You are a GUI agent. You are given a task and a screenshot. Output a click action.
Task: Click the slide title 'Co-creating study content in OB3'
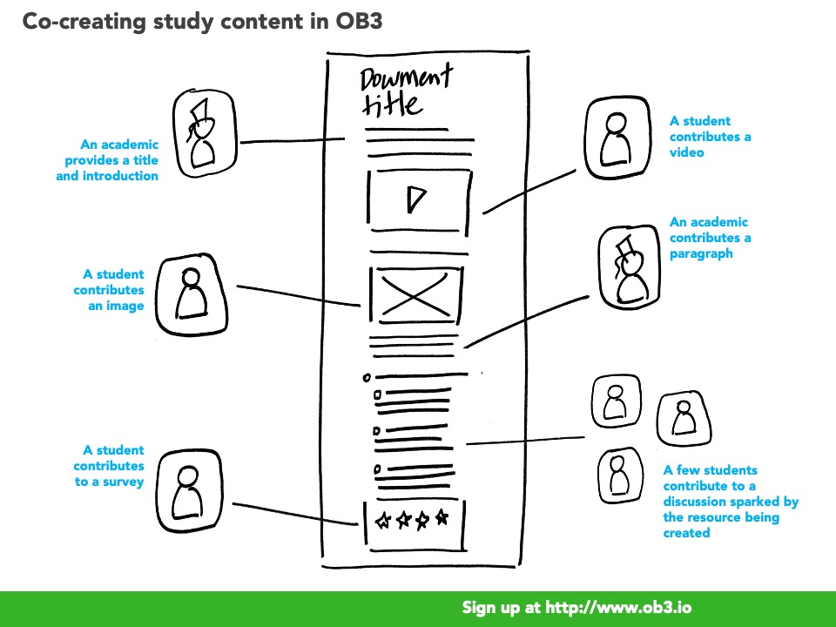click(201, 23)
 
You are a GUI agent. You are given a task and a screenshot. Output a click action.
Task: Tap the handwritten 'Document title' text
click(405, 91)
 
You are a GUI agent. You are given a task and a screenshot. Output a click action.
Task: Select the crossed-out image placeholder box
click(415, 293)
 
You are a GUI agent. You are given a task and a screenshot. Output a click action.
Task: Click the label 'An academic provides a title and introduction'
click(107, 160)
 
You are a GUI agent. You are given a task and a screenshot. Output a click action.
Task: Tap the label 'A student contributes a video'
click(711, 137)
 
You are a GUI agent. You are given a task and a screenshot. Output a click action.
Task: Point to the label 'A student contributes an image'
click(109, 290)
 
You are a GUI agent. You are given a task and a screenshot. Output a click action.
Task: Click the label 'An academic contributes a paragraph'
click(710, 238)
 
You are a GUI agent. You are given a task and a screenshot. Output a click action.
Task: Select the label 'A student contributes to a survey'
click(110, 466)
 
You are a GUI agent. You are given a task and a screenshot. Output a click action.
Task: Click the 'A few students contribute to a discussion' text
click(731, 501)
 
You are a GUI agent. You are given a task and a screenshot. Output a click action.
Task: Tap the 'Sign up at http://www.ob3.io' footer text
click(576, 608)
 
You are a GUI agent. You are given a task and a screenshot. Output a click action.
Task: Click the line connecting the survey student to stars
click(296, 514)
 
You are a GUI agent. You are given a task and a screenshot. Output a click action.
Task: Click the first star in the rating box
click(382, 521)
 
